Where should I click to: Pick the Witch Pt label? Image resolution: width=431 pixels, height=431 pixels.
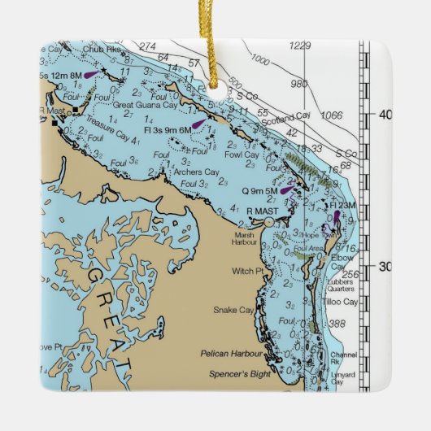244,271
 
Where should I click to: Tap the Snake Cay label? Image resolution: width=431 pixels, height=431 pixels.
233,310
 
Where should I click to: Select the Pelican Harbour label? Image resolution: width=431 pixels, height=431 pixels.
233,355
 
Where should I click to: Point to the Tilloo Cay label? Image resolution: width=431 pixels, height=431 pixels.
339,302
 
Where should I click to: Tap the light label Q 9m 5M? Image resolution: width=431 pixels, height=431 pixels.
260,191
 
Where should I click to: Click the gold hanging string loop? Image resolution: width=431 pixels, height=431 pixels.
215,49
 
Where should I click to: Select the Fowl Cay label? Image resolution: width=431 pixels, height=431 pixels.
242,155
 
